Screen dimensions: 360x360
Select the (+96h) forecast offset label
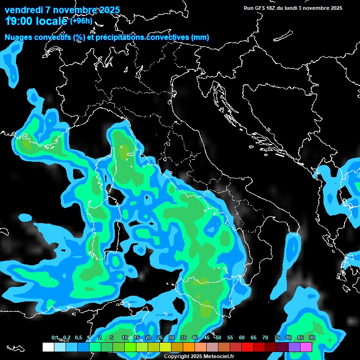point(81,21)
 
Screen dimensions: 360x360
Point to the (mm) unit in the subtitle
point(200,37)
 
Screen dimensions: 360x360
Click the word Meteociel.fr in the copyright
point(218,357)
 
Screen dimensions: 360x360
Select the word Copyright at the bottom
point(176,357)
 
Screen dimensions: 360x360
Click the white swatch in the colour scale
point(48,347)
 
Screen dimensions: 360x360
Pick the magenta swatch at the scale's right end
point(306,347)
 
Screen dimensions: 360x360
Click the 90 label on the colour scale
point(312,337)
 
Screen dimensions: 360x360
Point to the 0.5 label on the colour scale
point(78,337)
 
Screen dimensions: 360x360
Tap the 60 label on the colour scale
point(242,337)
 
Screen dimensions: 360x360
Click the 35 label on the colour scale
point(183,337)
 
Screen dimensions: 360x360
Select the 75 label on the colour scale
point(277,337)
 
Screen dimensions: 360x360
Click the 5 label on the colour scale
point(111,337)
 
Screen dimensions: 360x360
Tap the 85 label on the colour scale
point(300,337)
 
